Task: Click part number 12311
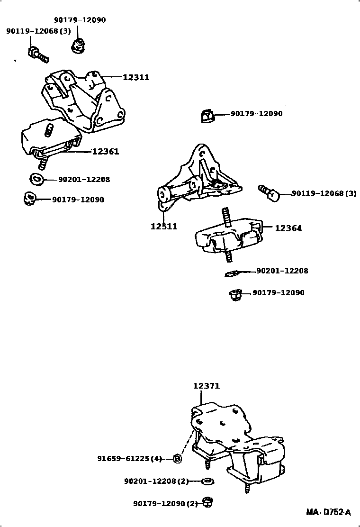[x=136, y=77]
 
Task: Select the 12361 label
[x=105, y=152]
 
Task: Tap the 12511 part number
[x=164, y=227]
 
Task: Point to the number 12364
[x=288, y=228]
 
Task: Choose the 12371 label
[x=206, y=386]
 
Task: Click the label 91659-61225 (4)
[x=130, y=459]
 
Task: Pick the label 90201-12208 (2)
[x=156, y=482]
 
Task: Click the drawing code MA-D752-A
[x=328, y=512]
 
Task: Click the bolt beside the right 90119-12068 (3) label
[x=270, y=193]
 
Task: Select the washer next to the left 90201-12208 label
[x=36, y=179]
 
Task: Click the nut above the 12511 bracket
[x=207, y=115]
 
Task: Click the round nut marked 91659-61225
[x=177, y=458]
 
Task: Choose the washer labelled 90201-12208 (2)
[x=207, y=482]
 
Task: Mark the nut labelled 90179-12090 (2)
[x=207, y=502]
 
